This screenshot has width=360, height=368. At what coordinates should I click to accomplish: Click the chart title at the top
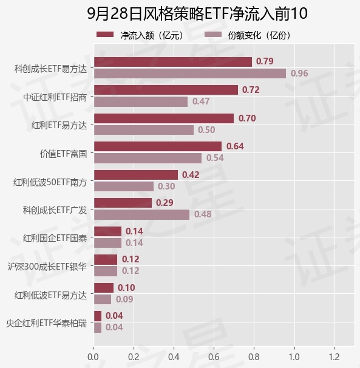point(197,13)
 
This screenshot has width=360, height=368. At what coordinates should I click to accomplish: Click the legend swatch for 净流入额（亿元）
point(105,35)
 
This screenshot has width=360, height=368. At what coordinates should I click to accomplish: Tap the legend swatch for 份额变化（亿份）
point(213,35)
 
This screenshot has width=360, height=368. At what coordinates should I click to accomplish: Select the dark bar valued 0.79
point(173,62)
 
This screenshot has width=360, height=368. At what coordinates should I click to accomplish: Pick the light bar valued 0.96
point(190,73)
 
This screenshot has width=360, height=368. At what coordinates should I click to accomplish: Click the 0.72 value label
point(251,90)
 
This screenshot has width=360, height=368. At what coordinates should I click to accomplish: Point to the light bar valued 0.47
point(141,102)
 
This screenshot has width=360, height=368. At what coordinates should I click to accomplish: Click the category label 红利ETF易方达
point(59,125)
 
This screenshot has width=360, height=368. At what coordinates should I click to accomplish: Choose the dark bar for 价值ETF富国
point(158,146)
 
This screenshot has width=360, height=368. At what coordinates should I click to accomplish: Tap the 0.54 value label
point(215,158)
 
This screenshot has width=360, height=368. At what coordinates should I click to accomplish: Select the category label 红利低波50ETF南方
point(50,182)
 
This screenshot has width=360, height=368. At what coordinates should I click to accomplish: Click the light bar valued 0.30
point(124,186)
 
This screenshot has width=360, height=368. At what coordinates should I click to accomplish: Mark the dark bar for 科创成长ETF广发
point(123,203)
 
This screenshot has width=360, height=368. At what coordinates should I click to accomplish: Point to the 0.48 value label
point(203,214)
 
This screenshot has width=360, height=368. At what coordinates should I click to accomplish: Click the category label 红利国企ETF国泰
point(55,238)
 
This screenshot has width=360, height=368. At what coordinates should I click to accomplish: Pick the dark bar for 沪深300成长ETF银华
point(106,259)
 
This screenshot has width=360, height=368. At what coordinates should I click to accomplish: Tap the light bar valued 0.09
point(103,299)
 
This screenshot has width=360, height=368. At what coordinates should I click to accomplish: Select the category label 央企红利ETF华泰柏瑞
point(47,323)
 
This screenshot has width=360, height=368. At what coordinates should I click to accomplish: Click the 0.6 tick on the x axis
point(214,356)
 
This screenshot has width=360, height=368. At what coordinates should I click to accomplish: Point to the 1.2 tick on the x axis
point(334,356)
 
